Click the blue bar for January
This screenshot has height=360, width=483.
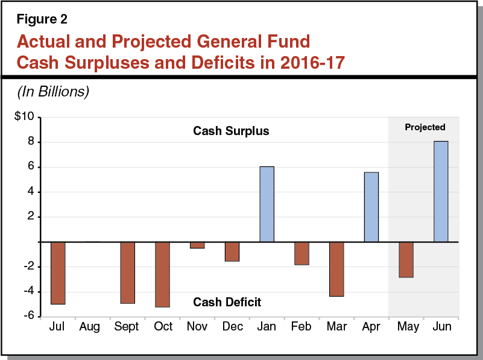pos(267,204)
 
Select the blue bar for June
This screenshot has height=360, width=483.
pos(441,191)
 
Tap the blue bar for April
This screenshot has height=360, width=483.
pos(371,207)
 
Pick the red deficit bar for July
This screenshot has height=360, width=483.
pos(58,273)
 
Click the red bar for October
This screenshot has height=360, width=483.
pos(162,274)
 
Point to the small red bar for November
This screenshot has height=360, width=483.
pos(197,245)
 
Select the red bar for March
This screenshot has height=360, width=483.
pos(336,269)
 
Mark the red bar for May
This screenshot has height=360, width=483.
pos(406,259)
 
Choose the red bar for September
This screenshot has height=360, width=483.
pos(127,273)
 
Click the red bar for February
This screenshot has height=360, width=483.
pos(301,253)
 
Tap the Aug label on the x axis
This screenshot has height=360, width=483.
pos(90,327)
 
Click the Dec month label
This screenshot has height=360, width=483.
pos(232,327)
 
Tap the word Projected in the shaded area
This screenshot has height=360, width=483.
pos(425,127)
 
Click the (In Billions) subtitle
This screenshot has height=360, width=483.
pos(52,92)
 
